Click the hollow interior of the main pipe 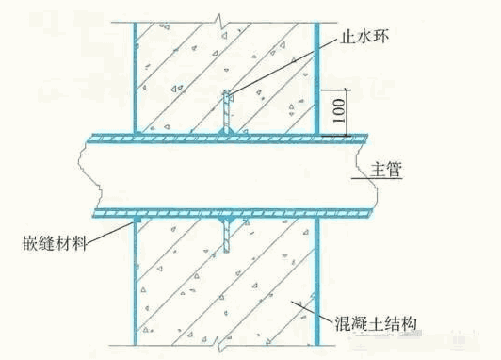tap(226, 176)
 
